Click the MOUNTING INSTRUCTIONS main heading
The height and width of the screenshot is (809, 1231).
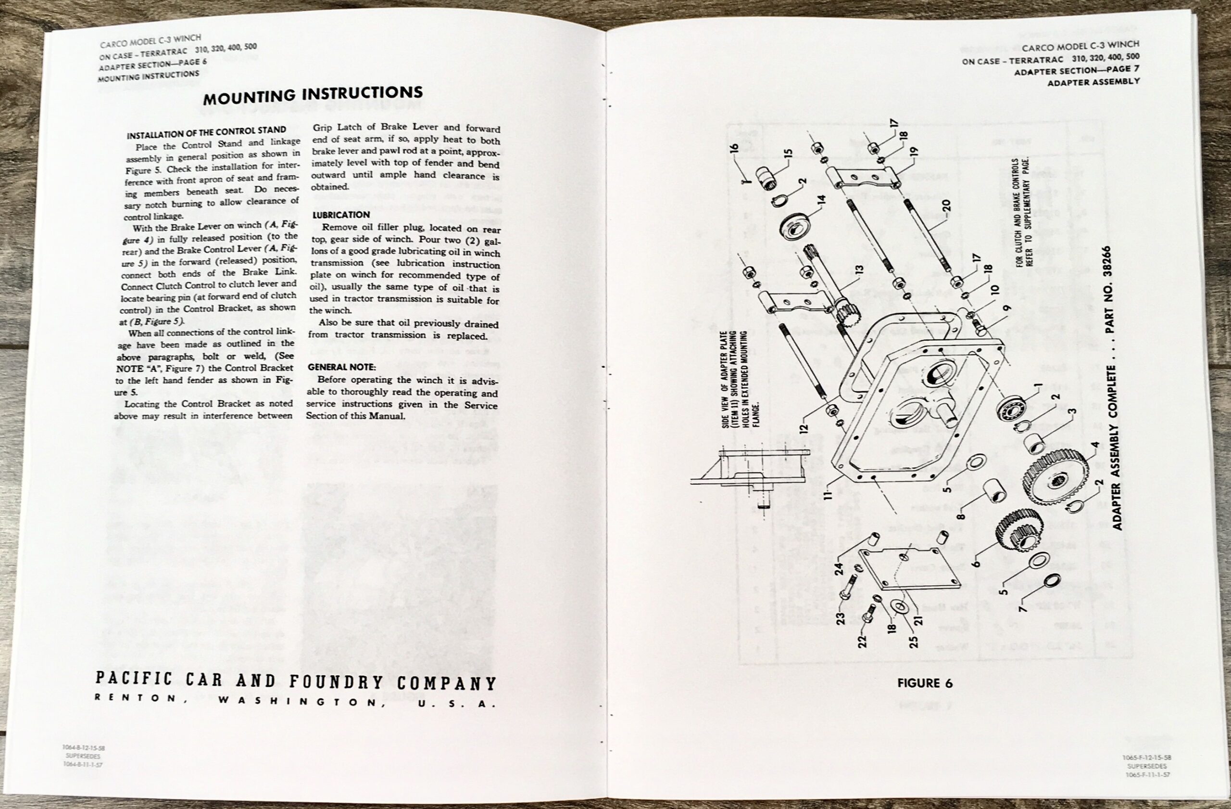(x=313, y=94)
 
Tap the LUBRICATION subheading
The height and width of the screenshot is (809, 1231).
(x=341, y=214)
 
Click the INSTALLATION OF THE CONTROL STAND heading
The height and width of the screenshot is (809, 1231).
(x=206, y=133)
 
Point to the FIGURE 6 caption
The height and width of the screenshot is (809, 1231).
(x=925, y=683)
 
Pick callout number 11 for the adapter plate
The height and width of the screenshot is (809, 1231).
(x=828, y=492)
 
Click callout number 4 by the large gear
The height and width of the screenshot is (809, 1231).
(x=1094, y=446)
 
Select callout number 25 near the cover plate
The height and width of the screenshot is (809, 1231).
(x=914, y=640)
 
